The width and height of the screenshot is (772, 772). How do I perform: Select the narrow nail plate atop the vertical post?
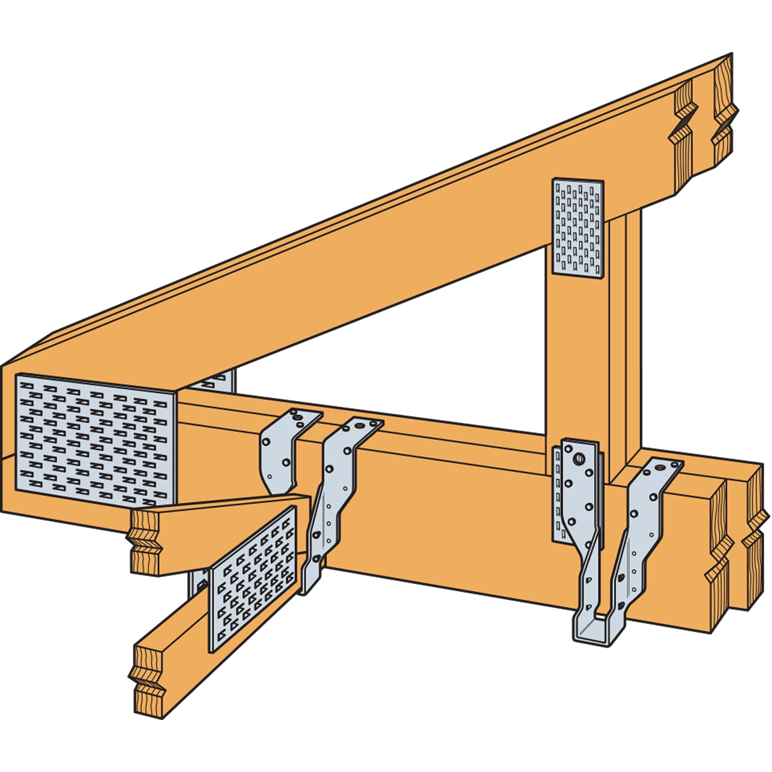click(577, 226)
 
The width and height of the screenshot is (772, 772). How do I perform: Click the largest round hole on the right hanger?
click(580, 458)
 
